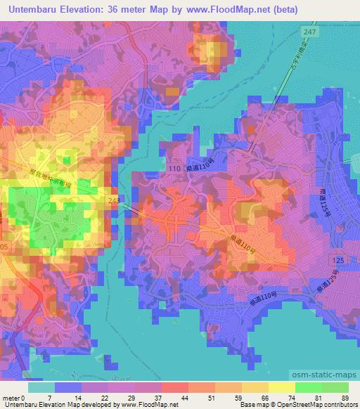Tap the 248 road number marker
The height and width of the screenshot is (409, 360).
pyautogui.click(x=114, y=200)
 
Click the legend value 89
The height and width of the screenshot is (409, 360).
pyautogui.click(x=345, y=398)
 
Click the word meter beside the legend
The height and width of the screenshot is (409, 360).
pyautogui.click(x=10, y=398)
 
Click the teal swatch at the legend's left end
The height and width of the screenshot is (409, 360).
pyautogui.click(x=41, y=387)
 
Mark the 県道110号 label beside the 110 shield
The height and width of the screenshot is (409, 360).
pyautogui.click(x=200, y=169)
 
